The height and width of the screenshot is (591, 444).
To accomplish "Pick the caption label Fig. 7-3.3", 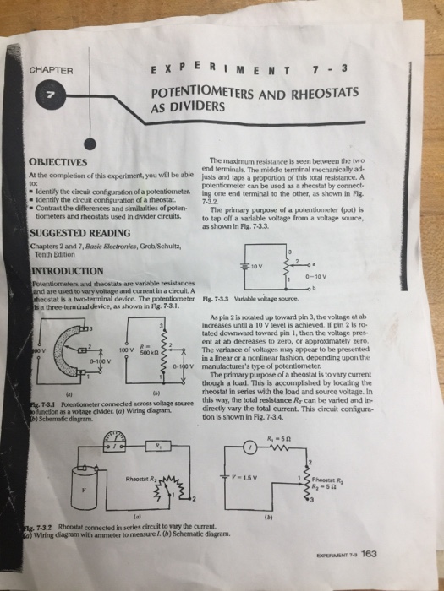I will (244, 298).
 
